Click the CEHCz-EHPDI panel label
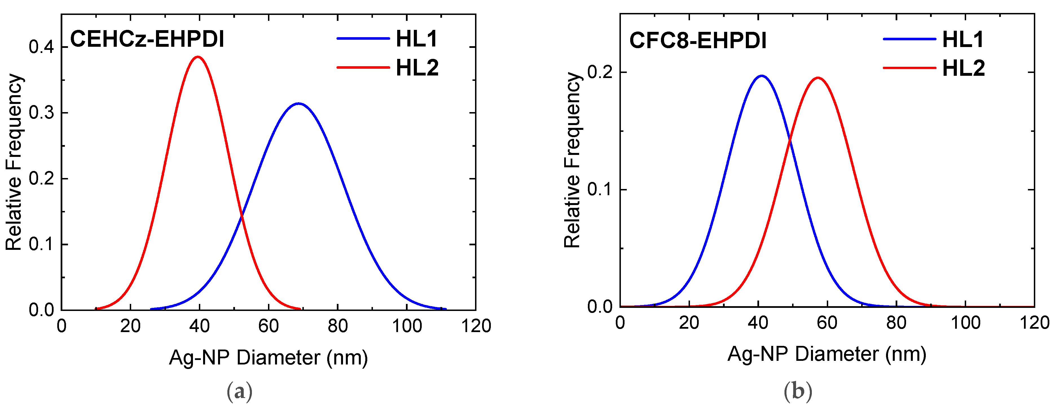[x=147, y=39]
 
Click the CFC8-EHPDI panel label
[x=698, y=41]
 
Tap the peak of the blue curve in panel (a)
[x=298, y=103]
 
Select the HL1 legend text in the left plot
[x=417, y=39]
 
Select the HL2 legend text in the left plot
[x=417, y=68]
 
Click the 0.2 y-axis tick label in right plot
[x=600, y=72]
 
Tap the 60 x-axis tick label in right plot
[x=827, y=323]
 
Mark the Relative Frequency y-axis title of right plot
[x=572, y=160]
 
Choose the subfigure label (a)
[x=239, y=392]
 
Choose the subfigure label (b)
[x=797, y=392]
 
